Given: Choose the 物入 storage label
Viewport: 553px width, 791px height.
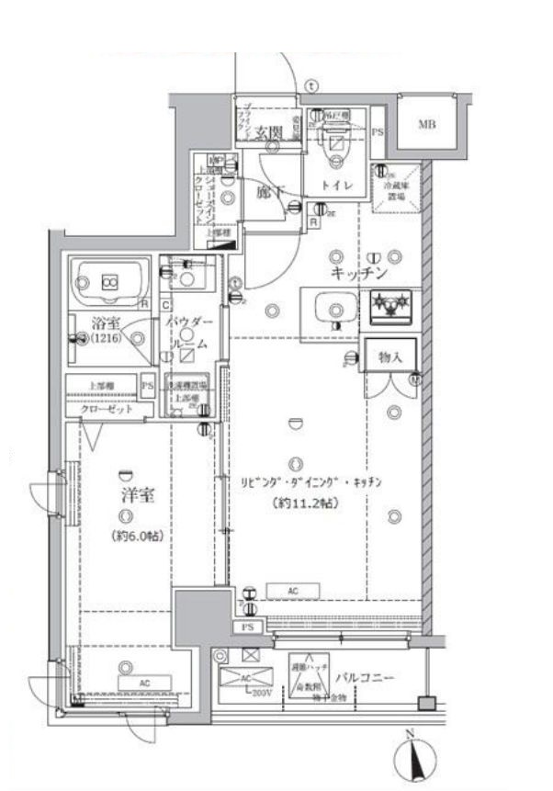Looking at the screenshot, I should click(390, 355).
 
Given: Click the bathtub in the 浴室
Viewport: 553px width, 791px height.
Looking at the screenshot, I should click(110, 281).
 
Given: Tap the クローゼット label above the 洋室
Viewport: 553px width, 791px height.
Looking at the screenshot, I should click(107, 408).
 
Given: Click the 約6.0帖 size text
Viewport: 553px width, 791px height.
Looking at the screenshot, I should click(137, 536).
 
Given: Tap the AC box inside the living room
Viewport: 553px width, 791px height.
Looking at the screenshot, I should click(295, 590).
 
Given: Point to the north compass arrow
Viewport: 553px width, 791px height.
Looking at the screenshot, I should click(413, 759).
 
